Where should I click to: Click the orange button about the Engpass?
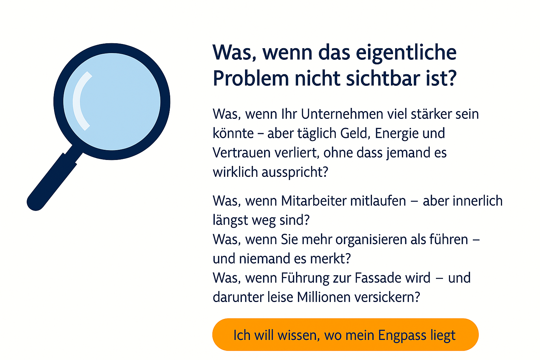click(345, 335)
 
